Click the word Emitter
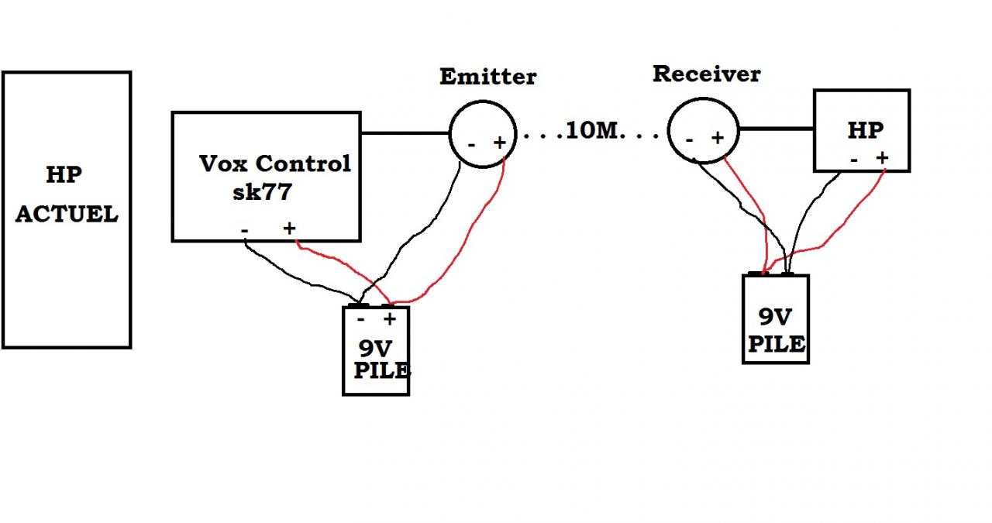click(x=487, y=77)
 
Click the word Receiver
click(x=706, y=74)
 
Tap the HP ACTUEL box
click(x=67, y=209)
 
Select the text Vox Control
click(x=275, y=163)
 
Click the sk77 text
click(x=261, y=191)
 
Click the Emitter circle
click(x=483, y=133)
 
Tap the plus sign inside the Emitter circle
click(x=500, y=143)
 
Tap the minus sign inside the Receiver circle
click(x=689, y=139)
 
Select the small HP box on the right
click(x=861, y=130)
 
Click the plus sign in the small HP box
click(x=882, y=158)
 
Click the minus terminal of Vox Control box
click(x=245, y=229)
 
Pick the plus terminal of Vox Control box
click(x=289, y=228)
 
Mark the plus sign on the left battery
click(x=389, y=318)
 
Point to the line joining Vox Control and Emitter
click(x=405, y=133)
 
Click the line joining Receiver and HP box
click(x=775, y=129)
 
